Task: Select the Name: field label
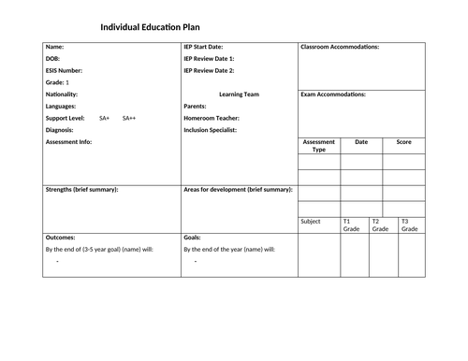(55, 46)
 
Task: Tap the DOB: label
(53, 58)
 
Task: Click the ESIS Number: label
(64, 70)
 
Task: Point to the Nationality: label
(62, 94)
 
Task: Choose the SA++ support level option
(129, 119)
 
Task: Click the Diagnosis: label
(60, 131)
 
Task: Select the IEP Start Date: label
(203, 46)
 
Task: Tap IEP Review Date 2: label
(209, 70)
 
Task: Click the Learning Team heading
(238, 94)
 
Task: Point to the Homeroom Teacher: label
(212, 119)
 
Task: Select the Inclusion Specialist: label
(211, 131)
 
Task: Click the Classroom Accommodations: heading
(340, 46)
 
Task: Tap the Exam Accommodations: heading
(333, 94)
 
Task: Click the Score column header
(404, 142)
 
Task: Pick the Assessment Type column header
(319, 146)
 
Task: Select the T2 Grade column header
(380, 225)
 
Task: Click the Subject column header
(310, 222)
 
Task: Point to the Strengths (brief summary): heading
(81, 189)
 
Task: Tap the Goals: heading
(193, 238)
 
